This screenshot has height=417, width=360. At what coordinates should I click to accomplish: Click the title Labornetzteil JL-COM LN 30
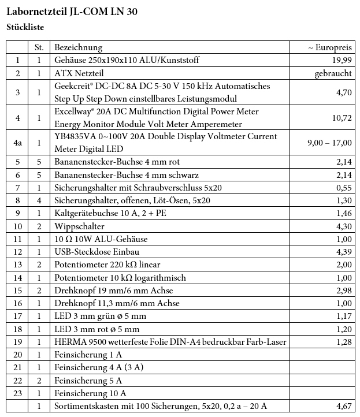pos(72,12)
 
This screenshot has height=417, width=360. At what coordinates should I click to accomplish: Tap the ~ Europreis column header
pos(329,47)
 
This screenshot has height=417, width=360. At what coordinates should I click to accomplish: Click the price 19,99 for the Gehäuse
pos(342,60)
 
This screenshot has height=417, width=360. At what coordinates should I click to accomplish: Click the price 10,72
pos(342,117)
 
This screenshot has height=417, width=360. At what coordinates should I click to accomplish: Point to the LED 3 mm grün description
pos(100,316)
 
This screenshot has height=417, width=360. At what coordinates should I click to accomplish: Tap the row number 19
pos(18,342)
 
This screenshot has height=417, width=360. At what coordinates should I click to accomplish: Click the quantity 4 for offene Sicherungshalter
pos(39,200)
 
